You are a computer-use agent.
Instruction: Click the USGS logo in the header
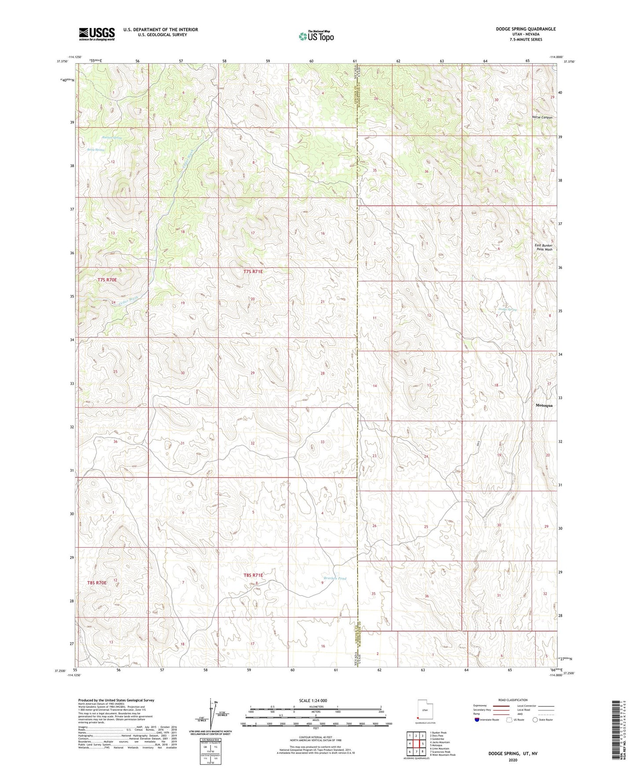point(97,34)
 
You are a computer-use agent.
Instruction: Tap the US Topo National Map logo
point(316,36)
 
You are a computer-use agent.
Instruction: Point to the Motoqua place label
point(544,405)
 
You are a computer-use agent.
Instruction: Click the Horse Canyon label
point(542,118)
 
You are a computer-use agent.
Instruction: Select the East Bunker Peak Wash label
point(544,248)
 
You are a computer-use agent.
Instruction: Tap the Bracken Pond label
point(335,578)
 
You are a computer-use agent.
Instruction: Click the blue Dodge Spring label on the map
point(507,310)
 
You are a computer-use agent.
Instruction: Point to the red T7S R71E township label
point(253,272)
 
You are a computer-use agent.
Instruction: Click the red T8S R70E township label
point(97,583)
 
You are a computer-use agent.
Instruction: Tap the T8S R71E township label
point(253,575)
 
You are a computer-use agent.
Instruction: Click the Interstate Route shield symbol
point(477,720)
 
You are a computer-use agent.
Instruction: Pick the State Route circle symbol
point(535,720)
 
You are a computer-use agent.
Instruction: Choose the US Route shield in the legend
point(510,720)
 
